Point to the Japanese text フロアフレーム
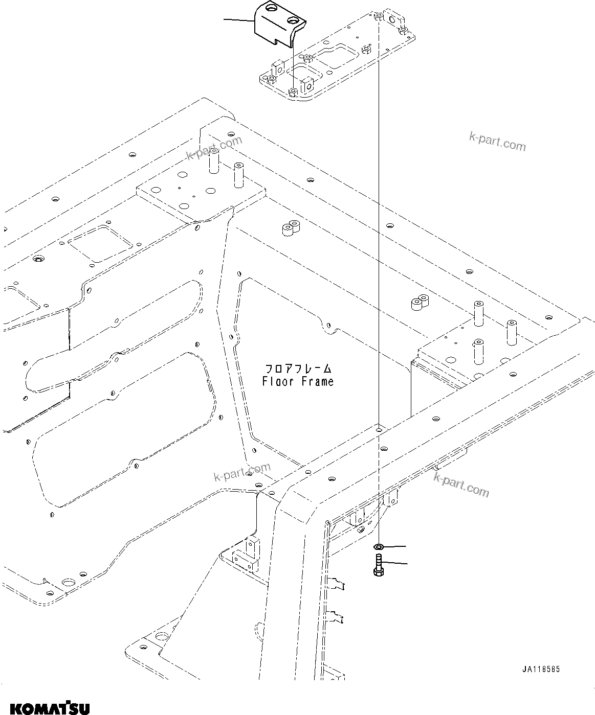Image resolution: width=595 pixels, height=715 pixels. [x=298, y=368]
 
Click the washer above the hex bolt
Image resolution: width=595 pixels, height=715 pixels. [x=378, y=547]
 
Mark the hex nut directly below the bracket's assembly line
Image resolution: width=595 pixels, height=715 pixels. [x=293, y=92]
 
